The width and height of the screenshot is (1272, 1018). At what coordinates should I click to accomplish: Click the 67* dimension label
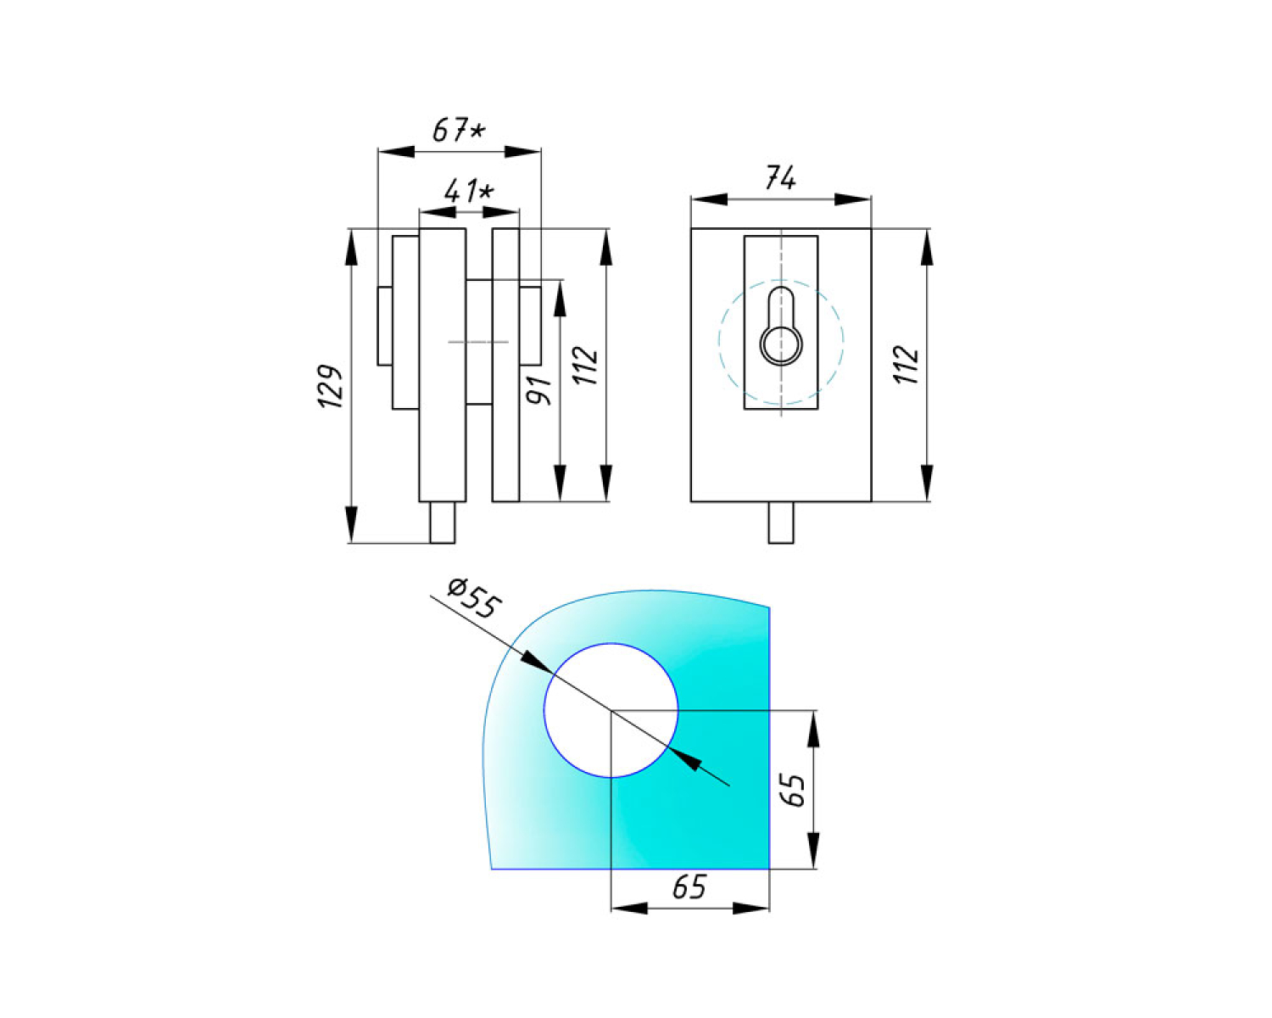[x=460, y=130]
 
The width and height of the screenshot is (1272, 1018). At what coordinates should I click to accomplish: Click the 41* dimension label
[x=469, y=191]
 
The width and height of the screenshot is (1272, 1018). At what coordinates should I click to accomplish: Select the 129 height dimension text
[x=331, y=386]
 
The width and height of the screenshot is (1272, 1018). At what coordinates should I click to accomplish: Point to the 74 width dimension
[x=780, y=176]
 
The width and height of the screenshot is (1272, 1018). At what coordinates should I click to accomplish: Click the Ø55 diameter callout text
[x=474, y=598]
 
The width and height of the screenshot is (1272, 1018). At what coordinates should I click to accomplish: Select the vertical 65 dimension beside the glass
[x=793, y=790]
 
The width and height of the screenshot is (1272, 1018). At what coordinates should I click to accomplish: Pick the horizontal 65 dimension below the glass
[x=689, y=887]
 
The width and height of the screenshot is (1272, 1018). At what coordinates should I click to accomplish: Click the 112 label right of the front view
[x=907, y=365]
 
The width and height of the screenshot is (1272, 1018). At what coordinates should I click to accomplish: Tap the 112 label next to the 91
[x=586, y=365]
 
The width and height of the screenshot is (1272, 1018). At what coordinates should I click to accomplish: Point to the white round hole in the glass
[x=611, y=710]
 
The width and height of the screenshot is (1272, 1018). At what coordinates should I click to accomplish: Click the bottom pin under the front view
[x=781, y=523]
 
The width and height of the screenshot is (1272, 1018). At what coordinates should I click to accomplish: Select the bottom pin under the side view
[x=442, y=523]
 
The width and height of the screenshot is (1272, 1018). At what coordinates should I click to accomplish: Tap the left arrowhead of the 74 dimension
[x=709, y=199]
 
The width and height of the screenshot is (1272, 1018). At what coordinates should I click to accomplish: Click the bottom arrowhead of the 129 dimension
[x=352, y=524]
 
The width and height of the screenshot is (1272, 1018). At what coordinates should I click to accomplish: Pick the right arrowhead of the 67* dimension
[x=522, y=152]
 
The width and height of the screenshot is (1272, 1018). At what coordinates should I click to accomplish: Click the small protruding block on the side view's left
[x=385, y=326]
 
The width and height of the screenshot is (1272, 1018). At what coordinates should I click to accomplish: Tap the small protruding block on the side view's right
[x=530, y=326]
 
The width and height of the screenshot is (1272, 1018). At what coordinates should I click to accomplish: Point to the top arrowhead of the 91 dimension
[x=560, y=299]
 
